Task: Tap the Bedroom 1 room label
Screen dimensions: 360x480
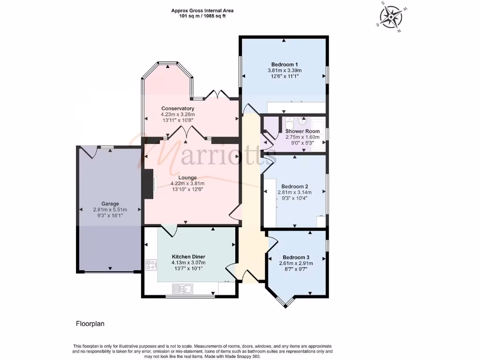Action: pos(284,64)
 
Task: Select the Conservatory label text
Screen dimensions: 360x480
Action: pos(178,108)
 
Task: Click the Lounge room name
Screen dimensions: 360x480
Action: pos(187,177)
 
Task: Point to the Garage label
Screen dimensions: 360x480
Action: pos(110,204)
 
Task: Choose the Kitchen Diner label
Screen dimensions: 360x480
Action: pos(188,257)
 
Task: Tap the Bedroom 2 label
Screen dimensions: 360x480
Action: pos(294,186)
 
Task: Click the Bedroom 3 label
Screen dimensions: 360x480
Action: pos(296,257)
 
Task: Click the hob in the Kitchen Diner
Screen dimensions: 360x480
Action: pos(151,265)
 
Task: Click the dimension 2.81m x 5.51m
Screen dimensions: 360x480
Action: pos(110,210)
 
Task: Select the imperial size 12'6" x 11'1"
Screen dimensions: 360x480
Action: pos(284,76)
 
